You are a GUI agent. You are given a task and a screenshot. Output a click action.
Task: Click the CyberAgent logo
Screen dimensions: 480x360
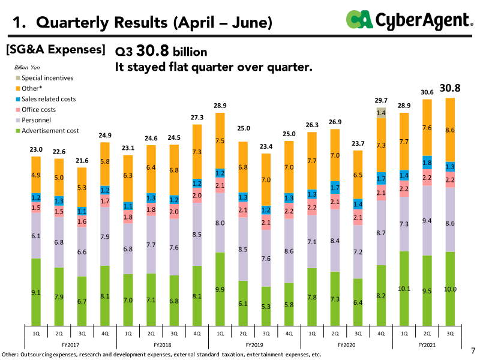[x=410, y=20]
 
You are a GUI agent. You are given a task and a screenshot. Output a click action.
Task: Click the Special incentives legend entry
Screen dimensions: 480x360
[x=44, y=78]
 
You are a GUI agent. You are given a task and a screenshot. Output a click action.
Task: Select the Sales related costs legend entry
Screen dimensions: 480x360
[x=46, y=99]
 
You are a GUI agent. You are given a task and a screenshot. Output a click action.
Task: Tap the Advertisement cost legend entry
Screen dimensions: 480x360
[x=47, y=131]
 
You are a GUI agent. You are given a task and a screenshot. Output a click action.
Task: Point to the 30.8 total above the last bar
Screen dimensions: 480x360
[x=449, y=88]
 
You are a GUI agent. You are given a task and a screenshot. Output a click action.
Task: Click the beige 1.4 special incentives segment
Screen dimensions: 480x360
[x=381, y=113]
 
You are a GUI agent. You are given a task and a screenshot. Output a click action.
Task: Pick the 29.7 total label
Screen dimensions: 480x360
[x=381, y=100]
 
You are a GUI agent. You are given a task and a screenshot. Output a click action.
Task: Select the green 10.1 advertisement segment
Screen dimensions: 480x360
[x=404, y=289]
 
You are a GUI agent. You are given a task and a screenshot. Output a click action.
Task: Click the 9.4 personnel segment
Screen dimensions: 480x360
[x=427, y=220]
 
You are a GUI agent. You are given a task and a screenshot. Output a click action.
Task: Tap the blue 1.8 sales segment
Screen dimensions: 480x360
[x=427, y=163]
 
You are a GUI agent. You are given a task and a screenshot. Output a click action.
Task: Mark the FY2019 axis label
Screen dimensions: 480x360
[x=254, y=344]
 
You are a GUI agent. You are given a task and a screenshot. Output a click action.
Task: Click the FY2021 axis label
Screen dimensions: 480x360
[x=427, y=344]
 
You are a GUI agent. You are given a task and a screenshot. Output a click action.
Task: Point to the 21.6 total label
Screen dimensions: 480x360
[x=82, y=161]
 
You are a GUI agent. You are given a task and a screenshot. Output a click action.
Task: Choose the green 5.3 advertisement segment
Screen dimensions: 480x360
[x=266, y=306]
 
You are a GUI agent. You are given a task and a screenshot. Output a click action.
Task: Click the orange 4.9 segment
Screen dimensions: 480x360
[x=36, y=175]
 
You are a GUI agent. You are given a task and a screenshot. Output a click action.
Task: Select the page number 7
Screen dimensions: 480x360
[x=473, y=350]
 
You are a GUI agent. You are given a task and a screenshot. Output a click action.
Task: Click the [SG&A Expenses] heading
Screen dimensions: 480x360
[x=55, y=50]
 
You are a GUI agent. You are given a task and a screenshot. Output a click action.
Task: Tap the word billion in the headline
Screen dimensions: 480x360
[x=190, y=52]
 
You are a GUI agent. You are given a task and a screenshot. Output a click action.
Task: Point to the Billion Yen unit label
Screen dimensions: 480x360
[x=27, y=67]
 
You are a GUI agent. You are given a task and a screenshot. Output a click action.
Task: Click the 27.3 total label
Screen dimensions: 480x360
[x=197, y=118]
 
